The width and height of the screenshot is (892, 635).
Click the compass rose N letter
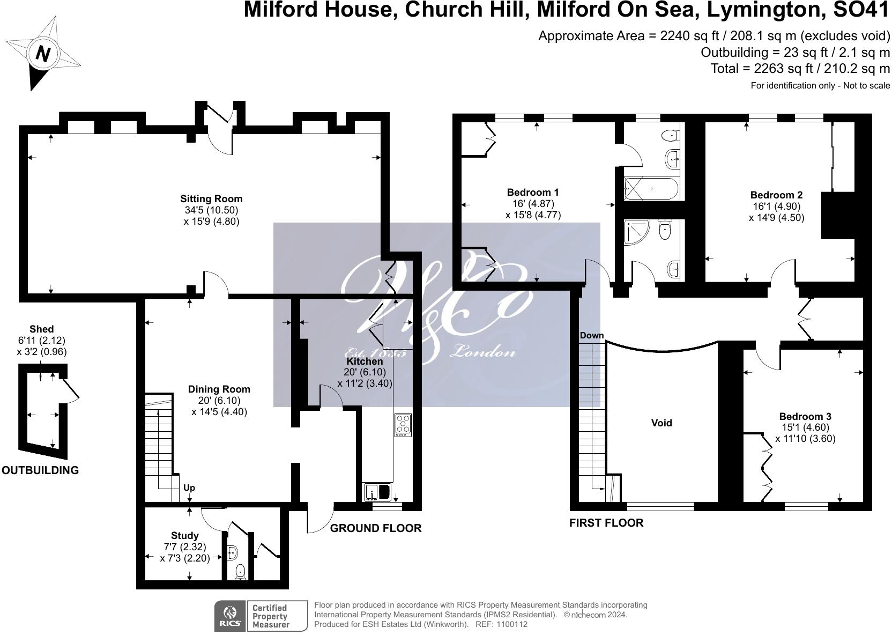(x=43, y=54)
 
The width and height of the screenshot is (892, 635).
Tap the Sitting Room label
(x=211, y=199)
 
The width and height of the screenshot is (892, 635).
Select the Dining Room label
(x=219, y=389)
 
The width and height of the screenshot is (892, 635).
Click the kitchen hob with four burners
(x=403, y=424)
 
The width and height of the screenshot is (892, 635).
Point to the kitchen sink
(x=378, y=491)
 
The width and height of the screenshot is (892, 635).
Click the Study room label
(x=185, y=536)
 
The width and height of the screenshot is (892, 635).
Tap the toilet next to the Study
(x=240, y=572)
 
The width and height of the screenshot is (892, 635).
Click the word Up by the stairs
(x=189, y=488)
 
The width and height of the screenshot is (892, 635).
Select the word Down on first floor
(x=592, y=336)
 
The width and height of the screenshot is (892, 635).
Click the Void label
(x=661, y=423)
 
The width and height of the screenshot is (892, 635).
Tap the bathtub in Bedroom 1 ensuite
(x=651, y=188)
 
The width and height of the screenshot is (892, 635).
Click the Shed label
(x=41, y=329)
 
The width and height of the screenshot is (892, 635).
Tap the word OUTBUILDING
(x=40, y=470)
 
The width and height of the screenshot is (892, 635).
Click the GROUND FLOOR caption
(x=376, y=528)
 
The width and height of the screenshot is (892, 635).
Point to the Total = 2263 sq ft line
(x=800, y=69)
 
